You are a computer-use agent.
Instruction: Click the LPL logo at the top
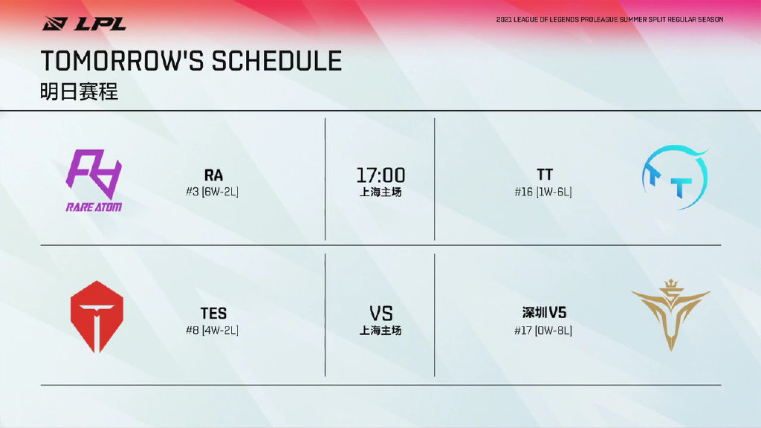point(84,23)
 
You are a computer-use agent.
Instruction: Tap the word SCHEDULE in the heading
point(276,61)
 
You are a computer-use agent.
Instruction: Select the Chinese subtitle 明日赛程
point(79,91)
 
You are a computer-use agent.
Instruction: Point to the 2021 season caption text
point(609,20)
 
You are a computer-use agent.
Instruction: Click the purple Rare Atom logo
point(94,181)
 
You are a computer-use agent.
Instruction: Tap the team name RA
point(213,175)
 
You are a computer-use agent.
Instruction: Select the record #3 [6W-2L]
point(212,192)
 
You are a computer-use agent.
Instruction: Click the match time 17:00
point(380,175)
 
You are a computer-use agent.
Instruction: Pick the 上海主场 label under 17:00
point(380,192)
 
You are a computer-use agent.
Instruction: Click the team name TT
point(545,175)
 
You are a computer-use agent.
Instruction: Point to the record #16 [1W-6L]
point(543,192)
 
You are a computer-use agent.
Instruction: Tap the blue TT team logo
point(675,177)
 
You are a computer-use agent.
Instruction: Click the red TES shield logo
point(97,317)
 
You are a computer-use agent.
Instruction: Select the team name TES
point(213,313)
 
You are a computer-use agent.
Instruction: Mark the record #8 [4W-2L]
point(212,331)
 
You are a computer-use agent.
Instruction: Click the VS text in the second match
point(381,314)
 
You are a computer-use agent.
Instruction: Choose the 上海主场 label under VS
point(380,331)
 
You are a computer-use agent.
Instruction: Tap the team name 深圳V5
point(544,313)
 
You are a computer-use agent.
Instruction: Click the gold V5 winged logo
point(671,315)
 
